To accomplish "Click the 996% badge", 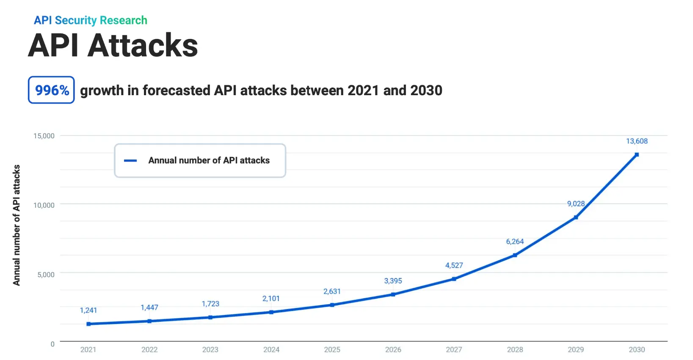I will [x=51, y=90].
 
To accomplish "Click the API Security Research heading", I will [x=91, y=20].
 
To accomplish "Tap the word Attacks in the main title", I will [x=143, y=45].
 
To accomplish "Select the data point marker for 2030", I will [x=636, y=155].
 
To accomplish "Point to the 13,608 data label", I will [x=637, y=141].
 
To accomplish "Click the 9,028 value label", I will [x=576, y=204].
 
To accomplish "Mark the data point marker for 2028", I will [x=515, y=255].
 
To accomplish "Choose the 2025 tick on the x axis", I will [x=332, y=349].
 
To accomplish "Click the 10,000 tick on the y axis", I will [x=44, y=205].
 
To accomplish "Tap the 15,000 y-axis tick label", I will [x=44, y=136].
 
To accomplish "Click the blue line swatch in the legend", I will [x=130, y=161].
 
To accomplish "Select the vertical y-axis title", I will [x=17, y=225].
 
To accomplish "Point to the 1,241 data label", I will [x=88, y=311].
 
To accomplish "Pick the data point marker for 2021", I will [x=88, y=324].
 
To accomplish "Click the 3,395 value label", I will [x=393, y=281].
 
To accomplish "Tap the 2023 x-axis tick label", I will [x=210, y=349].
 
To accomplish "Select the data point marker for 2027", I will [x=454, y=279].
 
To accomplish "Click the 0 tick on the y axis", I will [x=52, y=344].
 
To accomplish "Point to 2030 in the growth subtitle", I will [x=426, y=91].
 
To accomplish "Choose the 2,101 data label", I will [x=271, y=299].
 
